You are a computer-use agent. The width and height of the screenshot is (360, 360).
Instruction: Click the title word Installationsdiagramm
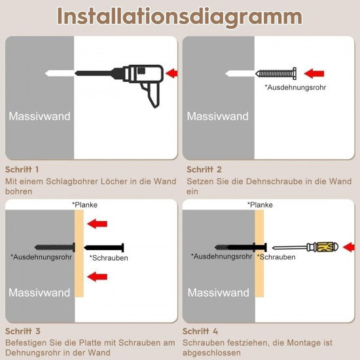pyautogui.click(x=179, y=17)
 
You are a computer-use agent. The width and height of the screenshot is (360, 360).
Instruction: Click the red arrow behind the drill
pyautogui.click(x=171, y=73)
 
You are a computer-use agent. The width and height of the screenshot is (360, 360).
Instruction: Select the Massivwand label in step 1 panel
pyautogui.click(x=39, y=116)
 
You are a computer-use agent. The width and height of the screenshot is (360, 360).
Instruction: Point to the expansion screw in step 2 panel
pyautogui.click(x=276, y=74)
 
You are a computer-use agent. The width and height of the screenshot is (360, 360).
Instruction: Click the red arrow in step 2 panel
pyautogui.click(x=314, y=73)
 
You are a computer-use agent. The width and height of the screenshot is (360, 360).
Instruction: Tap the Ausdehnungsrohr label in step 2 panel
pyautogui.click(x=295, y=87)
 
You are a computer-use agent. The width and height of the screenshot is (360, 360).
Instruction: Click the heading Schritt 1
pyautogui.click(x=22, y=170)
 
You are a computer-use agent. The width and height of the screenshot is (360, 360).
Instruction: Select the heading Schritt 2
pyautogui.click(x=204, y=170)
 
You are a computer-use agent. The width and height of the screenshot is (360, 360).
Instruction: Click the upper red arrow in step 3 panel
pyautogui.click(x=98, y=224)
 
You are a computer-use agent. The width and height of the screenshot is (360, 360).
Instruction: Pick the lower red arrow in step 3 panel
pyautogui.click(x=98, y=277)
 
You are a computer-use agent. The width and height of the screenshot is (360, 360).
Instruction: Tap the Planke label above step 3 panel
pyautogui.click(x=84, y=205)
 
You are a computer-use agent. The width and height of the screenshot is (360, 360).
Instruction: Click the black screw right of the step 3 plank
pyautogui.click(x=104, y=247)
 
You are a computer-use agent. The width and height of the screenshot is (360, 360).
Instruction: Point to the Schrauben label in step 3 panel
pyautogui.click(x=109, y=258)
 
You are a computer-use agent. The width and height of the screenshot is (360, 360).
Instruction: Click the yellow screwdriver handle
pyautogui.click(x=325, y=247)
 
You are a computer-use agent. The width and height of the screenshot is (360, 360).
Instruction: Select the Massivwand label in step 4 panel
pyautogui.click(x=219, y=293)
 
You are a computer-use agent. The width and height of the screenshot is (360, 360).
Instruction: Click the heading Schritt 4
pyautogui.click(x=200, y=331)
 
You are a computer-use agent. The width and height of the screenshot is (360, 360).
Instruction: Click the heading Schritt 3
pyautogui.click(x=23, y=331)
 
